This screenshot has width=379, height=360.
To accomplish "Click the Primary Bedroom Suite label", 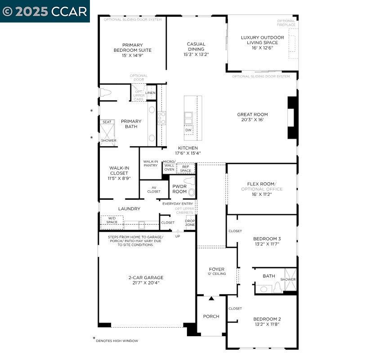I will [132, 48].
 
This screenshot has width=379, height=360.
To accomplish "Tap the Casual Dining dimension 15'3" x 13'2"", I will [196, 54].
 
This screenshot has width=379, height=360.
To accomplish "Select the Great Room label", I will [252, 115].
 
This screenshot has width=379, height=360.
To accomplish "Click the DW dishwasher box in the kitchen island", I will [188, 130].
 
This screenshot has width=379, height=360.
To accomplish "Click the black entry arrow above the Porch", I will [211, 298].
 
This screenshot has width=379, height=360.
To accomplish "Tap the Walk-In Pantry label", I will [151, 163].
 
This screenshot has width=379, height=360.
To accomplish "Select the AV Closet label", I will [154, 189].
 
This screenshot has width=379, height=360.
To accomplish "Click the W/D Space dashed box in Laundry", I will [111, 220].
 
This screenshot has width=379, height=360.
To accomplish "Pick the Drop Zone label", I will [190, 223].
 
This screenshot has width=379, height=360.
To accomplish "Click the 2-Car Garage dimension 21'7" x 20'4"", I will [146, 283].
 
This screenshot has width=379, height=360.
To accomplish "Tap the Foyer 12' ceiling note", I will [217, 274].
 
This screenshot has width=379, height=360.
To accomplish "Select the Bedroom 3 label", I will [267, 238].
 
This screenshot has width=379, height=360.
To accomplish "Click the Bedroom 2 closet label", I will [235, 309].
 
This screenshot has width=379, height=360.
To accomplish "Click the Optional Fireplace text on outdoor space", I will [286, 22].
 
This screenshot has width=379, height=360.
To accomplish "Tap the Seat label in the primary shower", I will [107, 122].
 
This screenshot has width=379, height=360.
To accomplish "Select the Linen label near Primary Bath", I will [150, 93].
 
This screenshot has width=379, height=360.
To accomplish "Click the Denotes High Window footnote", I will [116, 341].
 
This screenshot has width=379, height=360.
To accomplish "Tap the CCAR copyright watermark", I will [45, 11].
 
